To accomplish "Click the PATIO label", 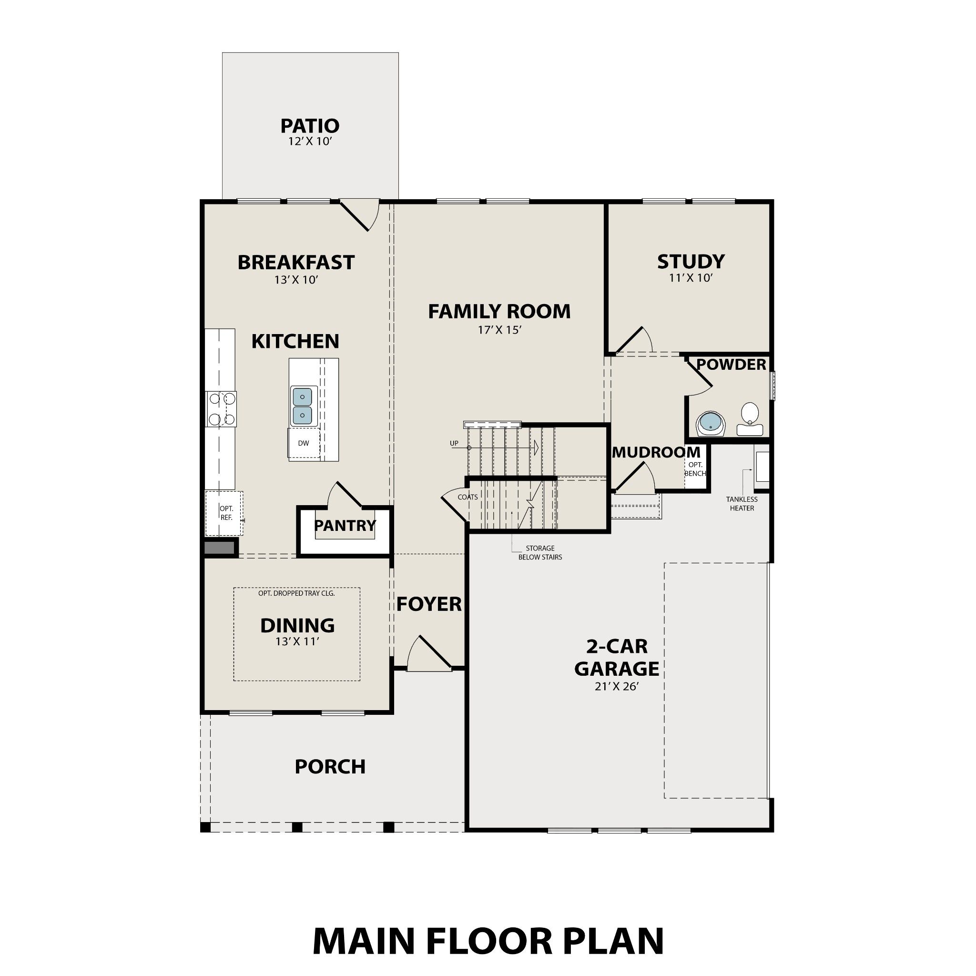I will [310, 126].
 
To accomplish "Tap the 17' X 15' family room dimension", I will [499, 330].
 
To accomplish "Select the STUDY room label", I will [691, 262].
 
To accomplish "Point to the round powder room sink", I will [710, 423].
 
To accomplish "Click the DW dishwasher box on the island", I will [304, 444].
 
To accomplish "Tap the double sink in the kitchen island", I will [302, 406].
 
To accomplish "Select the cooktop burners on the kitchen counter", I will [221, 409].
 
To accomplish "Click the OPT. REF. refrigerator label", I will [226, 513].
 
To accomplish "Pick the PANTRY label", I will [345, 525].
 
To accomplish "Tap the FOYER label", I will [429, 604].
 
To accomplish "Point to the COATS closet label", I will [468, 497].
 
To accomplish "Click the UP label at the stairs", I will [454, 443].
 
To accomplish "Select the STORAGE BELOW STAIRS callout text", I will [539, 553].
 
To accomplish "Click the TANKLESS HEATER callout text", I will [742, 504].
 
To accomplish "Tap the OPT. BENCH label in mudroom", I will [695, 469].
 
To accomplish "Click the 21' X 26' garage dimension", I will [617, 687].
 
